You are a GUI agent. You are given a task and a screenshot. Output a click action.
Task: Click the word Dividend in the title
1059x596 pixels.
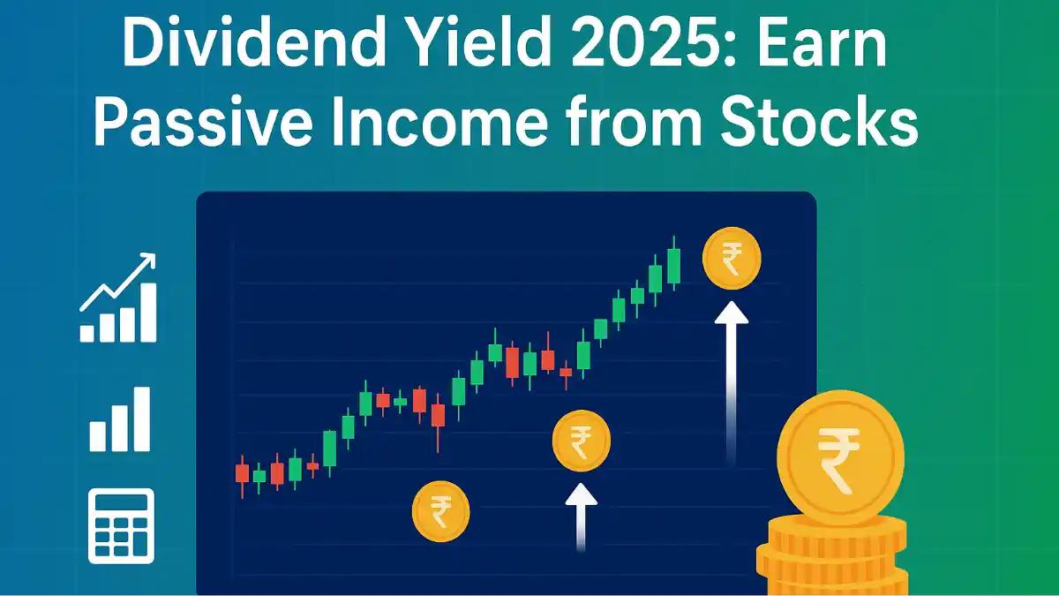pyautogui.click(x=253, y=42)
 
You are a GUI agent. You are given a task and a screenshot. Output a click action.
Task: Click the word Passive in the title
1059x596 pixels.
pyautogui.click(x=203, y=122)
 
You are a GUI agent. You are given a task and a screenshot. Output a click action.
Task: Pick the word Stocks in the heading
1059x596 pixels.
pyautogui.click(x=819, y=122)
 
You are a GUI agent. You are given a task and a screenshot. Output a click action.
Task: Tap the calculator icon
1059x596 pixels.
pyautogui.click(x=122, y=526)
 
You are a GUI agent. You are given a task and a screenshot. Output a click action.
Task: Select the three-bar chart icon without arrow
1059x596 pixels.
pyautogui.click(x=120, y=419)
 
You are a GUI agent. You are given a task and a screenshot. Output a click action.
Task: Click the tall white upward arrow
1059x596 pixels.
pyautogui.click(x=732, y=383)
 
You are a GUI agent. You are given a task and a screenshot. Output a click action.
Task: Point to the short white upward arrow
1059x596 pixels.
pyautogui.click(x=581, y=517)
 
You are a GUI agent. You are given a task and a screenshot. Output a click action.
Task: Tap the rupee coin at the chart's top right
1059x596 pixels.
pyautogui.click(x=732, y=258)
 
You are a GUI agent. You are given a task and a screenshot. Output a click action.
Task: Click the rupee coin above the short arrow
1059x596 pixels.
pyautogui.click(x=582, y=441)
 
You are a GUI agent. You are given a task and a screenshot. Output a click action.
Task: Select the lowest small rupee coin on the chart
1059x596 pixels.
pyautogui.click(x=441, y=511)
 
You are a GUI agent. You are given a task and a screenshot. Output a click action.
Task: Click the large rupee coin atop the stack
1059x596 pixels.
pyautogui.click(x=840, y=459)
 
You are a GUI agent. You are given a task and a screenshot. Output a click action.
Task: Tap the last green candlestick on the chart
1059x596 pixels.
pyautogui.click(x=674, y=263)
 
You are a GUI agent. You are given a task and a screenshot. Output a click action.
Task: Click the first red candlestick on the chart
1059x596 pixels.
pyautogui.click(x=242, y=475)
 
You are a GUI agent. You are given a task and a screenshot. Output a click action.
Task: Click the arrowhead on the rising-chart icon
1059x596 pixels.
pyautogui.click(x=147, y=260)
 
